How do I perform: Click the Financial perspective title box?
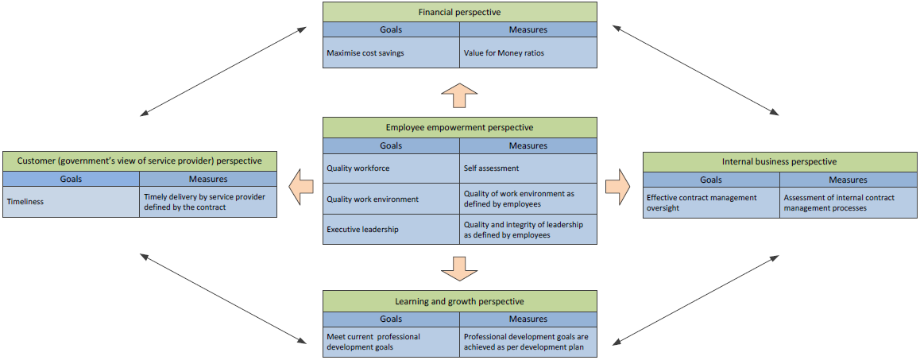(x=459, y=12)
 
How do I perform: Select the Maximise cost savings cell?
(x=391, y=52)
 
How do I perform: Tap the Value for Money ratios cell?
(x=528, y=52)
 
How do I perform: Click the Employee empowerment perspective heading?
(x=459, y=127)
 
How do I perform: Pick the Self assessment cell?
(x=528, y=168)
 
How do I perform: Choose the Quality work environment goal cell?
(x=391, y=199)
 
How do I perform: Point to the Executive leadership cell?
(x=391, y=229)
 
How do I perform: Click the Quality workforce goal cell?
(x=391, y=168)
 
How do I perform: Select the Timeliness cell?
(x=71, y=202)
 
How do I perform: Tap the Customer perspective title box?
(x=140, y=161)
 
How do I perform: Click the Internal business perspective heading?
(x=779, y=161)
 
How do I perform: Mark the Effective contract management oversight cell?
(x=711, y=203)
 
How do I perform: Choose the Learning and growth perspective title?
(x=459, y=301)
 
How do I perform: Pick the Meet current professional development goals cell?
(x=391, y=342)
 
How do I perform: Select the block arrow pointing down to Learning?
(x=459, y=268)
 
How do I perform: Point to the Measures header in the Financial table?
(x=528, y=29)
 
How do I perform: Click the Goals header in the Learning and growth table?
(x=391, y=319)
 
